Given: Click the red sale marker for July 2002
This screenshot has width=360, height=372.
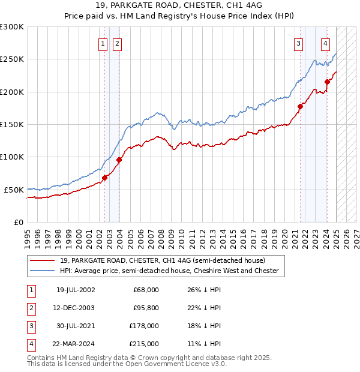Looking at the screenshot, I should (104, 178).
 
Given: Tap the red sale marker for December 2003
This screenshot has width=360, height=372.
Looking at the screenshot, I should (119, 160).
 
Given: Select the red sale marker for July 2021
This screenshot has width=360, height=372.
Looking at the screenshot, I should (300, 106).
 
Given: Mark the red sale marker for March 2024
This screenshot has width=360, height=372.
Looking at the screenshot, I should (327, 82).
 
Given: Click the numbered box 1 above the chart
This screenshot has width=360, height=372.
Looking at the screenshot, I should (103, 43).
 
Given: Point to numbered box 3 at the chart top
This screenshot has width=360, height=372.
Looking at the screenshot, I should (298, 43).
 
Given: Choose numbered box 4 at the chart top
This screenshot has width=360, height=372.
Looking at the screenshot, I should (325, 43).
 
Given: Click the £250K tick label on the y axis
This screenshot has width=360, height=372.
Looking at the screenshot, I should (11, 59).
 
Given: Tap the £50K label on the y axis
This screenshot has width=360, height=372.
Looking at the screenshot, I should (14, 190).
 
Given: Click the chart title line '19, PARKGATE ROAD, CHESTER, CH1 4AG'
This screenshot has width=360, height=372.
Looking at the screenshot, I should (179, 6).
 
